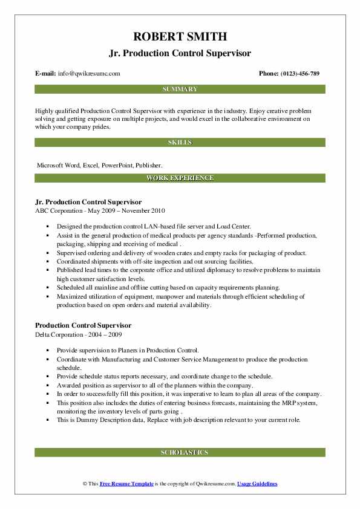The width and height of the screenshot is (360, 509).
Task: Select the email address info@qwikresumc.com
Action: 89,74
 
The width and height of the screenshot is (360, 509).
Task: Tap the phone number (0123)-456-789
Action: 300,74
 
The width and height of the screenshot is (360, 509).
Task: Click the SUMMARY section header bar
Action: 180,89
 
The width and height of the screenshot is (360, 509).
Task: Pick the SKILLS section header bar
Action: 180,143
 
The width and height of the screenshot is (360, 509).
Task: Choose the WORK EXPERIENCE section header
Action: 180,178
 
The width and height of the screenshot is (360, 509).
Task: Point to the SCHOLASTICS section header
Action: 180,452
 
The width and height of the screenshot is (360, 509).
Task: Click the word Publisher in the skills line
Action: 147,164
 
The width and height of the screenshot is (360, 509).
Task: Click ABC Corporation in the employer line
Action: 59,210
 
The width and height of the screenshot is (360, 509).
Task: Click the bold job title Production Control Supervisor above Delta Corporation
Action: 83,325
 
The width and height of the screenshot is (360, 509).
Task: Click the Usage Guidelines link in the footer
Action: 257,484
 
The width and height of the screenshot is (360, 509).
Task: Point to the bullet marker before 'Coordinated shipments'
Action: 48,262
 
